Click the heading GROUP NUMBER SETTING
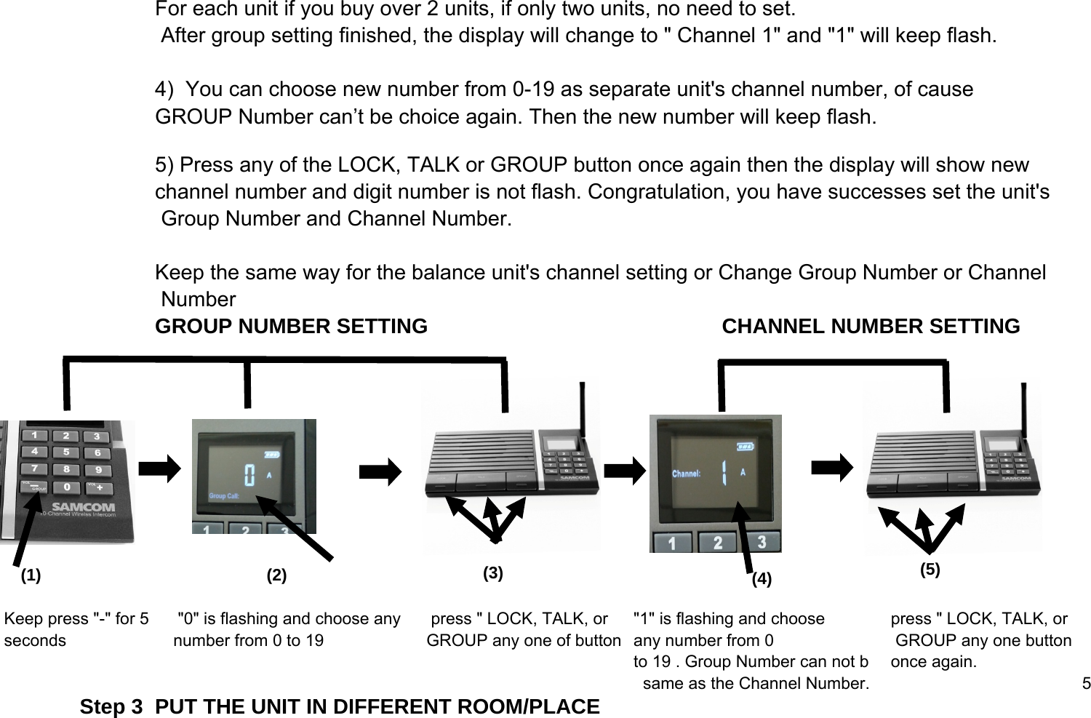click(x=291, y=327)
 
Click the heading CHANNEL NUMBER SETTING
click(x=871, y=327)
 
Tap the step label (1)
click(x=31, y=575)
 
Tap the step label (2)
click(x=276, y=575)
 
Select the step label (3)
click(x=493, y=573)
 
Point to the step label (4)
click(x=761, y=579)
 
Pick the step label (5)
click(x=930, y=570)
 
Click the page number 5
click(x=1086, y=683)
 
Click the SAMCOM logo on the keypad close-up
click(x=82, y=506)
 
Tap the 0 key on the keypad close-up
click(x=67, y=486)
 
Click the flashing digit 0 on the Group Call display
click(x=249, y=476)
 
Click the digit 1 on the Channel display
click(x=724, y=474)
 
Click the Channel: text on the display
click(x=686, y=474)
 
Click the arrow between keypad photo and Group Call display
click(x=159, y=469)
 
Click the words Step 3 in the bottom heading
click(x=111, y=707)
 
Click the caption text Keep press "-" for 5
click(x=76, y=619)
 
